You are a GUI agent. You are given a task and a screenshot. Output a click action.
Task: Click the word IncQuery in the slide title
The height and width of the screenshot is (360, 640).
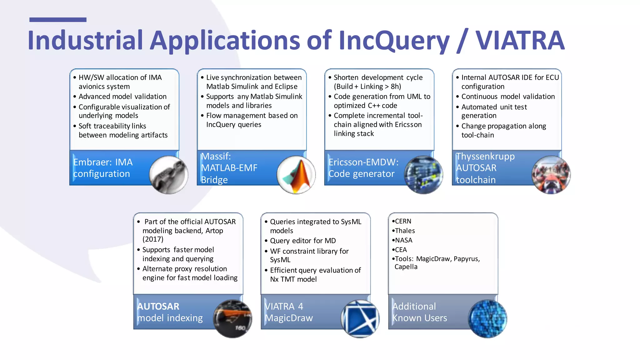pos(394,41)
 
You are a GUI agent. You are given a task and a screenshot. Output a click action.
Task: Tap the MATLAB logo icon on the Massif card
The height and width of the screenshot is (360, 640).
pos(296,175)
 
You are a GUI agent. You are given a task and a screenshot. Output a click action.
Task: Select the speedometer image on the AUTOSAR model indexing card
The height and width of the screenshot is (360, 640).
pos(232,319)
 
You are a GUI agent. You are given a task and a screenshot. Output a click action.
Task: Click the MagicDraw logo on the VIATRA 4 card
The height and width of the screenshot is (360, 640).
pos(360,319)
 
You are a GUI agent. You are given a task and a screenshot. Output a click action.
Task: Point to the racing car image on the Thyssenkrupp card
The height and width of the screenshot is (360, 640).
pos(551,175)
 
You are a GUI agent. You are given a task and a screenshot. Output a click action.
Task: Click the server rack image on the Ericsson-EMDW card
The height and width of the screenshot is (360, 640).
pos(424,175)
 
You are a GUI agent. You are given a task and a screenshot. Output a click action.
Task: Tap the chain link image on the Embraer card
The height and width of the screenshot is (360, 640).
pos(169,175)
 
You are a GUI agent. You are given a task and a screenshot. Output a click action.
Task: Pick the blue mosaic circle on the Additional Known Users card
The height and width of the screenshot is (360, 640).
pos(487,319)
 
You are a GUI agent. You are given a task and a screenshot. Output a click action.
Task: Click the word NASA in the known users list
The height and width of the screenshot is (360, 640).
pos(403,240)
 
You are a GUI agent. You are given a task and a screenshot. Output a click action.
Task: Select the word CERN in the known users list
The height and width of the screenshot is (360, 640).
pos(403,221)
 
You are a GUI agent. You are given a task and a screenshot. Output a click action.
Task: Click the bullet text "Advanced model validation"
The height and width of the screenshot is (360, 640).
pos(122,97)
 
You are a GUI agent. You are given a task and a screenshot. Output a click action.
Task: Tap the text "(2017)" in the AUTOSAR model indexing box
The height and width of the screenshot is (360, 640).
pos(153,239)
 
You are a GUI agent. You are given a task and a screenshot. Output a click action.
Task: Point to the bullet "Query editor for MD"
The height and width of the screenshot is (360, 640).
pos(303,241)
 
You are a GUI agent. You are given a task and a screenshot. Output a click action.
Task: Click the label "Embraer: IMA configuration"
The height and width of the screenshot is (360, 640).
pos(103,168)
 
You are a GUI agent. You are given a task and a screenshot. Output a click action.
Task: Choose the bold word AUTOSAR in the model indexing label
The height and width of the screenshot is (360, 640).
pos(158,306)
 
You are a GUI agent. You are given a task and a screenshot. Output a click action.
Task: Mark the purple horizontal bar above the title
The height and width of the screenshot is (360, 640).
pos(58,20)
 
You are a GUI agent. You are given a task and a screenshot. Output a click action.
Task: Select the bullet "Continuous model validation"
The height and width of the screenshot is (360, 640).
pos(508,97)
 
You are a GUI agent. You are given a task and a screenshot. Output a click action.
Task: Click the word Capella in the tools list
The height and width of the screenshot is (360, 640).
pos(406,267)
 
